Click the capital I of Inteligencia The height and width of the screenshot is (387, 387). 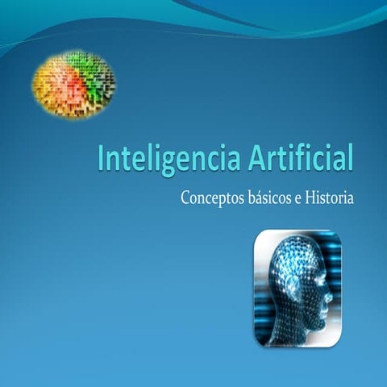coord(101,156)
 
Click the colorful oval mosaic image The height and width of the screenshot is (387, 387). coord(73,81)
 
